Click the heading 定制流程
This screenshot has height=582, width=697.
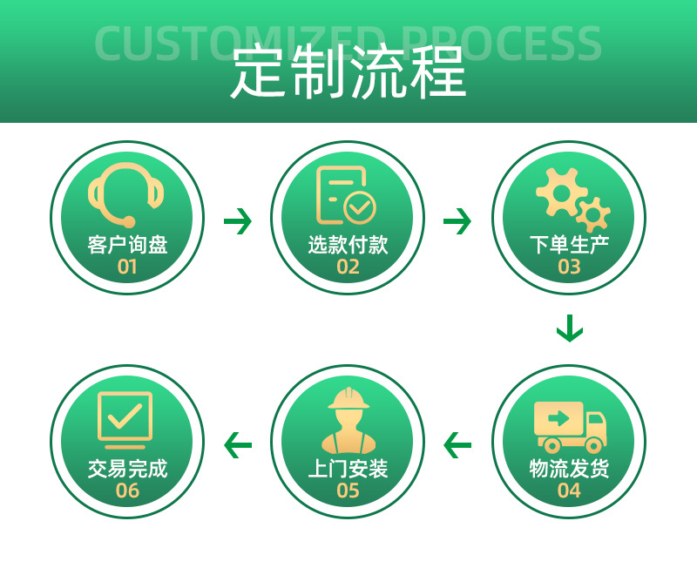click(348, 74)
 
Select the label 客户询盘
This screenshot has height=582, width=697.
click(127, 245)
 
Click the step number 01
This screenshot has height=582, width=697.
click(127, 267)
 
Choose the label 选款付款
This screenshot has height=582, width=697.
click(348, 245)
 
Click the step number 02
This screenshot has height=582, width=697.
click(348, 267)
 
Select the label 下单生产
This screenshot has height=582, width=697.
click(569, 245)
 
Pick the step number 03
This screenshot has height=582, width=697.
click(569, 267)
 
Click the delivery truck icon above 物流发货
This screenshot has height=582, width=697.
click(570, 424)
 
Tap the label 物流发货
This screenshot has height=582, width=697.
click(569, 469)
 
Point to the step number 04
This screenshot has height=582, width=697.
click(569, 491)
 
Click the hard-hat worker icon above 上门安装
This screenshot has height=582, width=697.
click(348, 420)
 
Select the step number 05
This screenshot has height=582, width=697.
click(348, 491)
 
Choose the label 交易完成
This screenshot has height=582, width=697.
click(127, 469)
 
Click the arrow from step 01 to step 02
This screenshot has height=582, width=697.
click(237, 221)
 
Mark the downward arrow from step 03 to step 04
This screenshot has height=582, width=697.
click(569, 328)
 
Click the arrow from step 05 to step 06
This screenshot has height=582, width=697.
click(237, 445)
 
